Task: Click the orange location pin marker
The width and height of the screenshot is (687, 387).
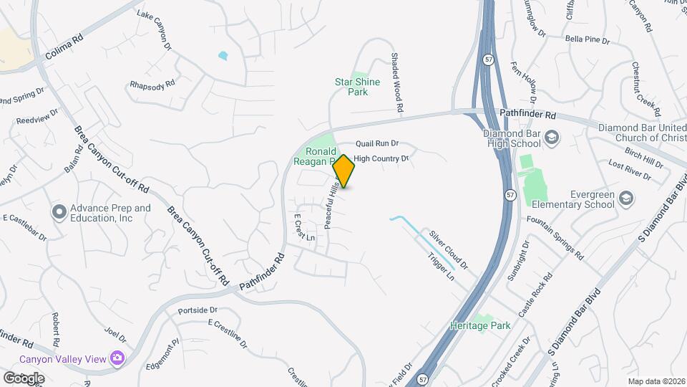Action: pyautogui.click(x=343, y=171)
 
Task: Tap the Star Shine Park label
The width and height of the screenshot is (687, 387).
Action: pyautogui.click(x=357, y=87)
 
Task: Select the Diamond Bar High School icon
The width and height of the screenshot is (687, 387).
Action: pyautogui.click(x=552, y=136)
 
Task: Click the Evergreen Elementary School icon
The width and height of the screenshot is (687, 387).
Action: pyautogui.click(x=626, y=198)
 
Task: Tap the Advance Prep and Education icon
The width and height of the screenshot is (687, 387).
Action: pyautogui.click(x=59, y=212)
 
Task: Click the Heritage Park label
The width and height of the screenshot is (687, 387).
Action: pyautogui.click(x=480, y=325)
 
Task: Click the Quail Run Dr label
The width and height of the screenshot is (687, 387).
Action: pyautogui.click(x=377, y=143)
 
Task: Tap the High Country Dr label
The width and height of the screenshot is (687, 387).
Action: pyautogui.click(x=381, y=158)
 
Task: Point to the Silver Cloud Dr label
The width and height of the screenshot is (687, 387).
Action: pyautogui.click(x=448, y=249)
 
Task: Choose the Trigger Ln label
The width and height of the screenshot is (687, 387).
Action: pyautogui.click(x=441, y=265)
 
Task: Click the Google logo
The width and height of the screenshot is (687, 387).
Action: pyautogui.click(x=24, y=378)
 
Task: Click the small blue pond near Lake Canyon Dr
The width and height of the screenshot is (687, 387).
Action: pyautogui.click(x=223, y=55)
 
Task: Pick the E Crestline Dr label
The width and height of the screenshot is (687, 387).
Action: pyautogui.click(x=228, y=334)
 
